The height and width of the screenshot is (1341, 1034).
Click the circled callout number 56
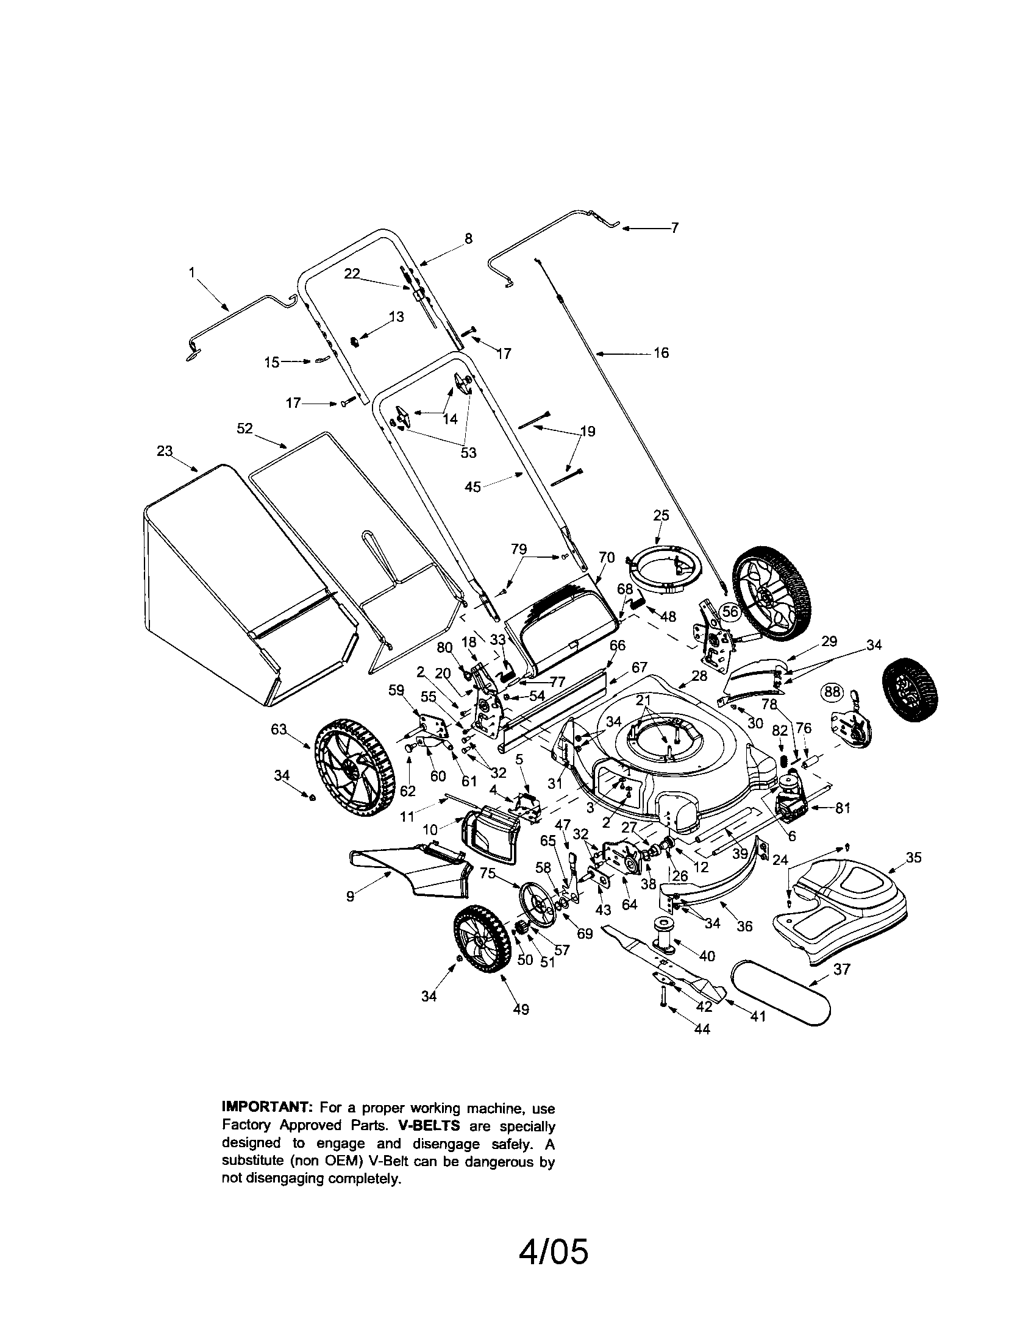point(729,611)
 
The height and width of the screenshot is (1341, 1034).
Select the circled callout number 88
point(832,692)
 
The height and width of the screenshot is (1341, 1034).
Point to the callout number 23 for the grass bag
point(164,451)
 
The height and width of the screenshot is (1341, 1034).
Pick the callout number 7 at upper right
point(675,228)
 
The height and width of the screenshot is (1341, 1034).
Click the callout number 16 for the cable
point(661,353)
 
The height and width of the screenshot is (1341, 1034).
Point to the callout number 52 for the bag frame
point(244,429)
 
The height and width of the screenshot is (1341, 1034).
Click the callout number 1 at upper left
point(191,272)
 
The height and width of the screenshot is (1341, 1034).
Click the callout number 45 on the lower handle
point(472,487)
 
